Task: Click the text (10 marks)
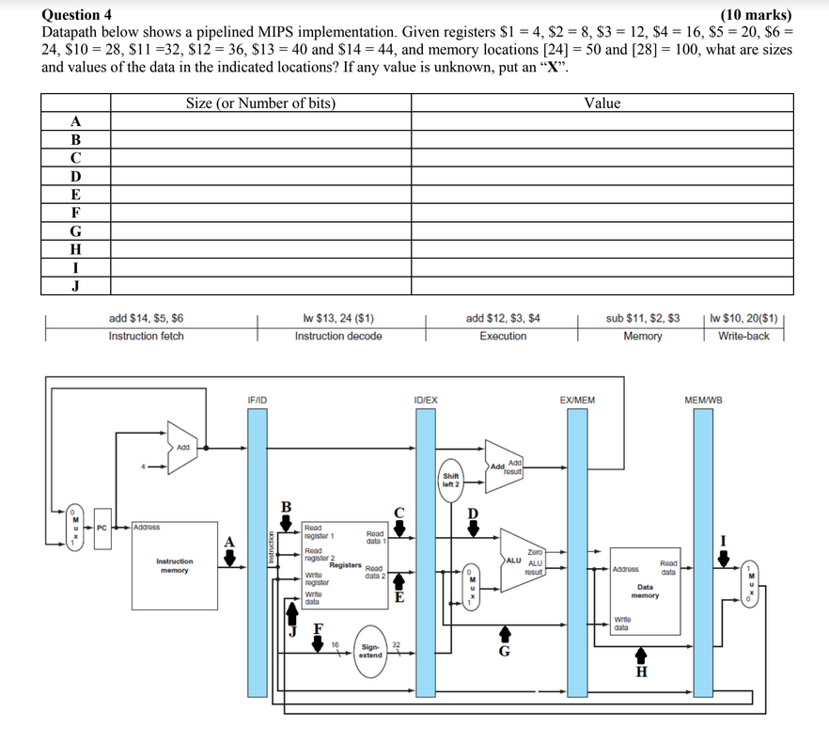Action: tap(755, 14)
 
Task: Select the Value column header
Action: tap(602, 103)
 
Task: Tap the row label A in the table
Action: tap(76, 121)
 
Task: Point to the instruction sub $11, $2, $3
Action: tap(643, 318)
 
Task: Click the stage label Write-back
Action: tap(743, 336)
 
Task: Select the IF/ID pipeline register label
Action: tap(257, 401)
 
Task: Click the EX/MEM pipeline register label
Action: tap(576, 401)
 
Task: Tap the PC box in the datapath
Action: tap(102, 528)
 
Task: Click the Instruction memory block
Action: tap(174, 565)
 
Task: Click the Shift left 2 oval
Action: tap(451, 480)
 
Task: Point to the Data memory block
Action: tap(645, 591)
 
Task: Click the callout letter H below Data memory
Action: tap(642, 672)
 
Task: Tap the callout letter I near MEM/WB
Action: tap(723, 539)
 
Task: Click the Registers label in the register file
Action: tap(346, 565)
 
